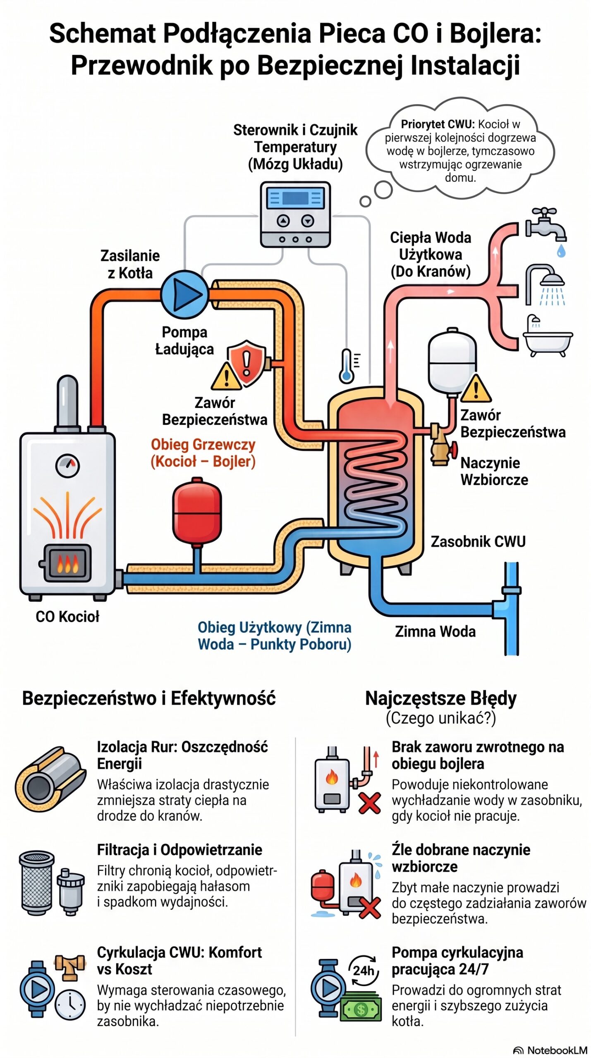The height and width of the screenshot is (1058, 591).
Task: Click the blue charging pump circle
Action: [184, 294]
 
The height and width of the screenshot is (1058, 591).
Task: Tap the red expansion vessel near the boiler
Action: [197, 511]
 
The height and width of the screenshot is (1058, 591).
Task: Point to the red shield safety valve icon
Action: [246, 363]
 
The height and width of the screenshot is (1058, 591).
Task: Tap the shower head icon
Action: [545, 285]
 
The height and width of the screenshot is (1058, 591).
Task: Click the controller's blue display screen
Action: [295, 198]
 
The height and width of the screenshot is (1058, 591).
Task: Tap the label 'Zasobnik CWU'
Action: [478, 541]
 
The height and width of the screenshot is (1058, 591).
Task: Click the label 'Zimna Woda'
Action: [435, 631]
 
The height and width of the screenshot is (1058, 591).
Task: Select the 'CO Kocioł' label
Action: [67, 617]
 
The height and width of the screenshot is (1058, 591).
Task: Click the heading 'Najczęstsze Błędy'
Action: [441, 698]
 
